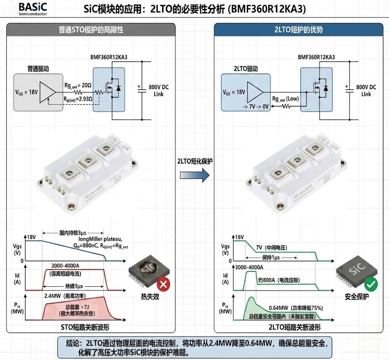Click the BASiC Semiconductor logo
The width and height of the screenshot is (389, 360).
[x=33, y=9]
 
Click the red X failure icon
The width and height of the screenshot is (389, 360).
[x=163, y=284]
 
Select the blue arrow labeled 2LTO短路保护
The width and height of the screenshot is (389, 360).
[x=194, y=175]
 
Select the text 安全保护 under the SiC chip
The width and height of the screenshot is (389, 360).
[x=356, y=297]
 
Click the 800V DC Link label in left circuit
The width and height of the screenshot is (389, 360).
[x=159, y=90]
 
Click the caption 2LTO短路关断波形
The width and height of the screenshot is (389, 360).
[x=295, y=327]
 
